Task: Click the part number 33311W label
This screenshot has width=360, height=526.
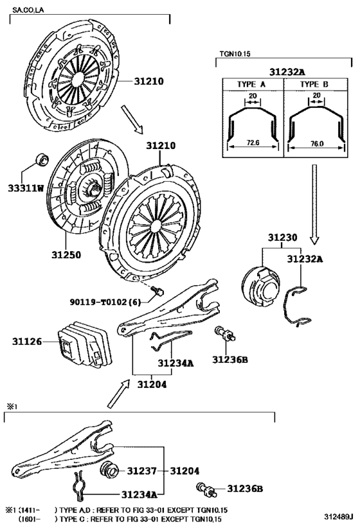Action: click(26, 188)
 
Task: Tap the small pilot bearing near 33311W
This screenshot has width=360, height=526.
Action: click(42, 159)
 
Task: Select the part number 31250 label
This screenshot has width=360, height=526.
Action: click(66, 255)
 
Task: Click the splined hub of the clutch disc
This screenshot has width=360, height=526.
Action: click(94, 190)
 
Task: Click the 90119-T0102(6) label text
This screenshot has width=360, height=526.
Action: click(105, 302)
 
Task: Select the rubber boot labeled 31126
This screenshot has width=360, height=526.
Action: click(85, 344)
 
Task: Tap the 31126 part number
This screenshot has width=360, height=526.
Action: click(27, 342)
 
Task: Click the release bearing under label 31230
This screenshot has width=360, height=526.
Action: click(261, 285)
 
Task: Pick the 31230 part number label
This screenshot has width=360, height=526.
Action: click(282, 238)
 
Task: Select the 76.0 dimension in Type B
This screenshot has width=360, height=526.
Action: click(317, 144)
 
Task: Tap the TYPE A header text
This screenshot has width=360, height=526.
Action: click(251, 84)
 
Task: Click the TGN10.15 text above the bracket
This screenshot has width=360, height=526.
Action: click(235, 54)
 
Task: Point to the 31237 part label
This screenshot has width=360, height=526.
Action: click(141, 471)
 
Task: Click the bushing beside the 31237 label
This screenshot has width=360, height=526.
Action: click(109, 469)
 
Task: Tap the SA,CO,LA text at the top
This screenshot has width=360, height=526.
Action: click(28, 10)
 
